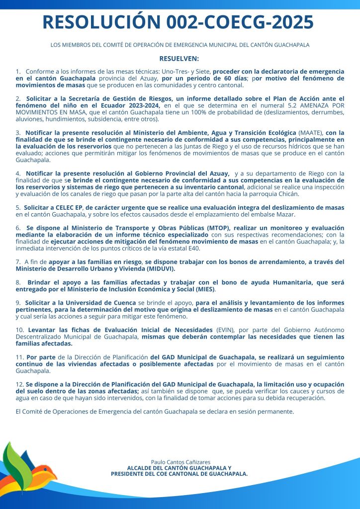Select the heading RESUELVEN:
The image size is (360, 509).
tap(179, 59)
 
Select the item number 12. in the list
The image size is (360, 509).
tap(20, 385)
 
